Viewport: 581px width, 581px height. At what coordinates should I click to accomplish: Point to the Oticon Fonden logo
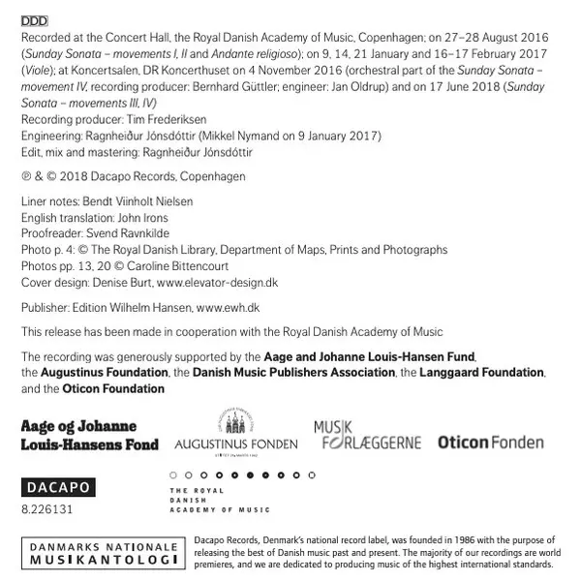coord(491,443)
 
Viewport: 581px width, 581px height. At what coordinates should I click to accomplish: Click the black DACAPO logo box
coord(57,490)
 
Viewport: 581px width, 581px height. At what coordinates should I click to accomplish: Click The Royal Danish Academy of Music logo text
coord(219,500)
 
